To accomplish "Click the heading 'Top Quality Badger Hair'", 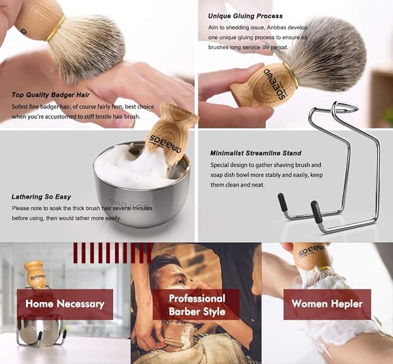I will point(52,95).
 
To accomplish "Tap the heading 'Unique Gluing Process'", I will point(245,16).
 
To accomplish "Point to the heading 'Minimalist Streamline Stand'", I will point(256,153).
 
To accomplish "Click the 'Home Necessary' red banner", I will point(65,304).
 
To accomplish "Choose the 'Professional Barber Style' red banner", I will point(196,305).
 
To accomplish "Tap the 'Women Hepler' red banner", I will point(327,304).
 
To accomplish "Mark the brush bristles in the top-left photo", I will point(87,46).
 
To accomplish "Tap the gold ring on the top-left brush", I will point(56,27).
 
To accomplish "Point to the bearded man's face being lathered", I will point(174,283).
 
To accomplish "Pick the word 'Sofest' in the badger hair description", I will point(21,107).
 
